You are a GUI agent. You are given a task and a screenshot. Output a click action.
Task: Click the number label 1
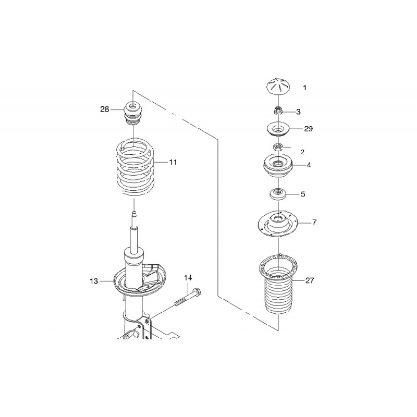[x=305, y=88]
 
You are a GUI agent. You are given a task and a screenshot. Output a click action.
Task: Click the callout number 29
[x=309, y=128]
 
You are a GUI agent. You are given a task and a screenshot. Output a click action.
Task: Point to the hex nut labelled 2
[x=278, y=147]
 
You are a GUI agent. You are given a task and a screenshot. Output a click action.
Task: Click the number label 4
[x=309, y=165]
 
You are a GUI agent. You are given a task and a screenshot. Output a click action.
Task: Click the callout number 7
[x=314, y=223]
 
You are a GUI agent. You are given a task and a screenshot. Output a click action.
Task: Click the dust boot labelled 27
[x=280, y=292]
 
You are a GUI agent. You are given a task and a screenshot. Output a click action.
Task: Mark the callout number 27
[x=310, y=280]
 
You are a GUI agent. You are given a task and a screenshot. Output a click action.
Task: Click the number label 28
[x=105, y=109]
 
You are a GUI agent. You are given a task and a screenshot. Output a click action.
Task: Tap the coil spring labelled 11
[x=134, y=167]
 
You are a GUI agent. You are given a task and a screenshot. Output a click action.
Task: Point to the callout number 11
[x=173, y=163]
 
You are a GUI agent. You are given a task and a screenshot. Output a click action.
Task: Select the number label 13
[x=94, y=281]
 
